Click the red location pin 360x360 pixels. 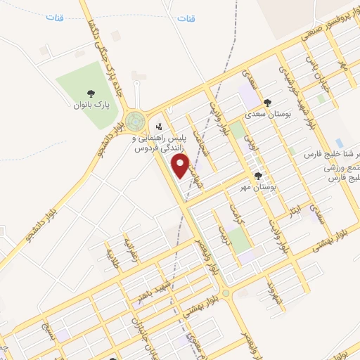tap(181, 166)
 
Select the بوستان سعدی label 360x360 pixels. tap(264, 112)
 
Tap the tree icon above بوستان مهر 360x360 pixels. tap(258, 176)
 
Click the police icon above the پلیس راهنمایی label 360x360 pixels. tap(160, 127)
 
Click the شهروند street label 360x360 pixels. tap(271, 290)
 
